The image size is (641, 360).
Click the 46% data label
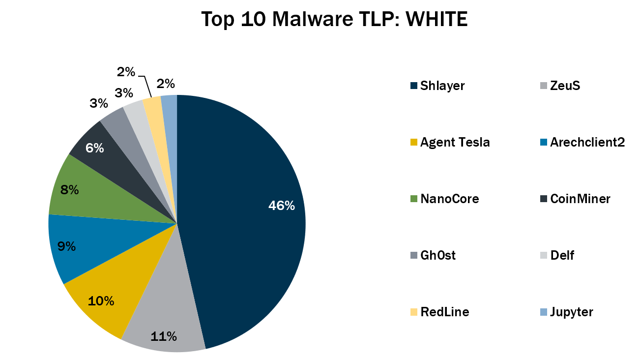click(281, 206)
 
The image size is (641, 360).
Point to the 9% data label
click(66, 246)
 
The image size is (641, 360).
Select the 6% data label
click(94, 148)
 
